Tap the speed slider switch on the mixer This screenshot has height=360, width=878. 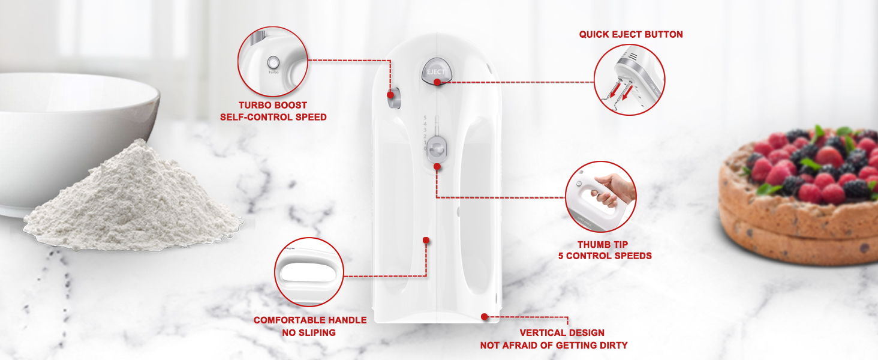point(437,147)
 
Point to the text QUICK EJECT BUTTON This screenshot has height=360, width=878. point(631,35)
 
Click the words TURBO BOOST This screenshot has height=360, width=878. point(273,106)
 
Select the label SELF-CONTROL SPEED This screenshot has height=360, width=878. point(273,118)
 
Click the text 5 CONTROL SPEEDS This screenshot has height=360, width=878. point(605,256)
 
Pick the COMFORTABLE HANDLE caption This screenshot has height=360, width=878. point(309,320)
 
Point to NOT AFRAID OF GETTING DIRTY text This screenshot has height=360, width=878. point(554,345)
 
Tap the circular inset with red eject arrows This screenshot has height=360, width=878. point(630,80)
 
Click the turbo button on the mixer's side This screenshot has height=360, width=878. point(393,98)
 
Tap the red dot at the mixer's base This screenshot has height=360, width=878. point(484,316)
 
